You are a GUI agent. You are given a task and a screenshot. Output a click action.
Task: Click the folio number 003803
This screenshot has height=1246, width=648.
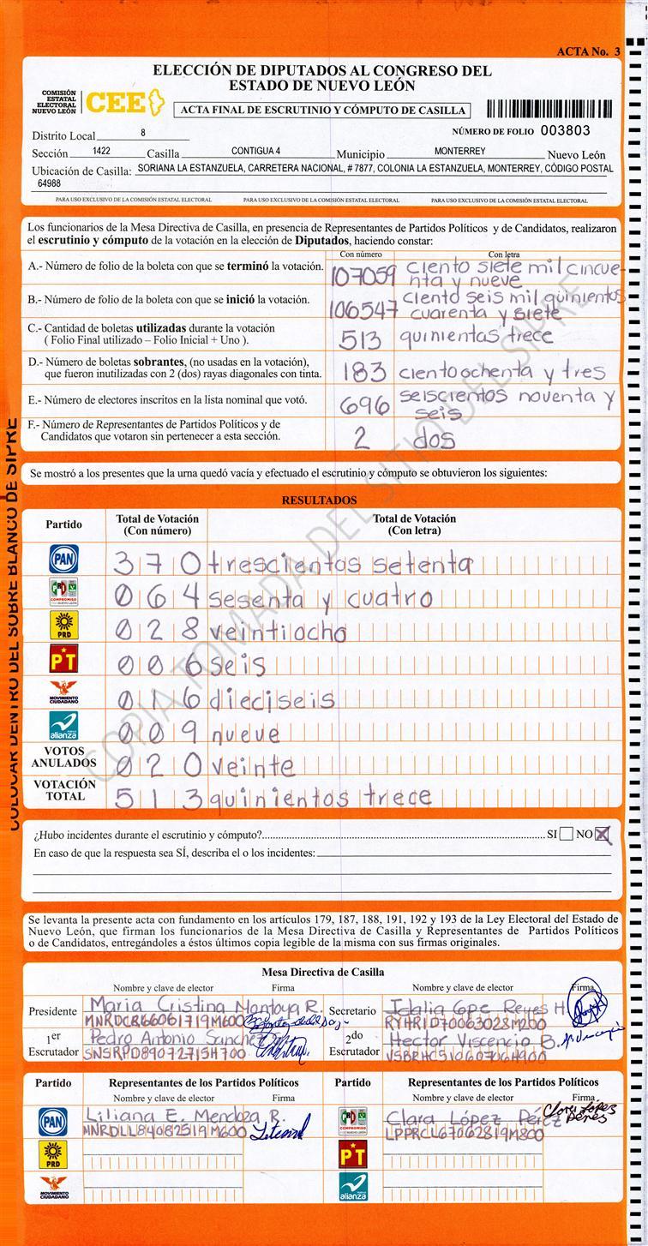coord(567,131)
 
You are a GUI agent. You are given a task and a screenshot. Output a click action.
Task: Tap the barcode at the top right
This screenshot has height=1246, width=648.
coord(549,109)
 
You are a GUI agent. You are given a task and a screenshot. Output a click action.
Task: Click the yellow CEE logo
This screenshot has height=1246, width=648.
coord(123,102)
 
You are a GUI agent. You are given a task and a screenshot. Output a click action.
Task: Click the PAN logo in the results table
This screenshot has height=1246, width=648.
coord(63,559)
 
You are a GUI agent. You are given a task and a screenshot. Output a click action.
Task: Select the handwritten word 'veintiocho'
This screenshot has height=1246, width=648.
coord(278,632)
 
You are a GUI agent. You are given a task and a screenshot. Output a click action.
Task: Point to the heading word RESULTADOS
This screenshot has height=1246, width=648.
coord(319,500)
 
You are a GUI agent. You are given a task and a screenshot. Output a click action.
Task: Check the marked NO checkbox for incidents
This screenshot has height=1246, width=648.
coord(603,834)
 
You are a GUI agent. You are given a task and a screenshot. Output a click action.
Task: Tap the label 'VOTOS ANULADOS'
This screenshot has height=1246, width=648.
coord(64,757)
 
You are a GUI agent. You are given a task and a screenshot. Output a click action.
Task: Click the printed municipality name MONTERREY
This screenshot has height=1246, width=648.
coord(459,152)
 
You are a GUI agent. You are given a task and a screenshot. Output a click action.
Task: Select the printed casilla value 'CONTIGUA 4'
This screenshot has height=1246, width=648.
coord(255,152)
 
